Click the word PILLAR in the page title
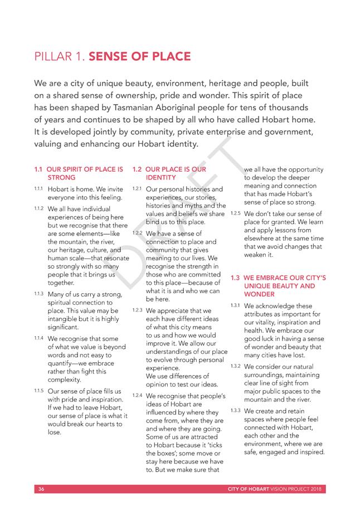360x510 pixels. click(53, 57)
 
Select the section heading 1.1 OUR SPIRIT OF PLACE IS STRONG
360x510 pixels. click(79, 173)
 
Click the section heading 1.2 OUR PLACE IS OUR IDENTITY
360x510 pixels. click(168, 173)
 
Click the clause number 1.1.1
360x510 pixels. click(38, 189)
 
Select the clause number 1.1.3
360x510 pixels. click(38, 293)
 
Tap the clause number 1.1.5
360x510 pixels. click(38, 391)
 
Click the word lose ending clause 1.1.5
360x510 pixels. click(54, 433)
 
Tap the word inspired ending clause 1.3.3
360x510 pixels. click(309, 453)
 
